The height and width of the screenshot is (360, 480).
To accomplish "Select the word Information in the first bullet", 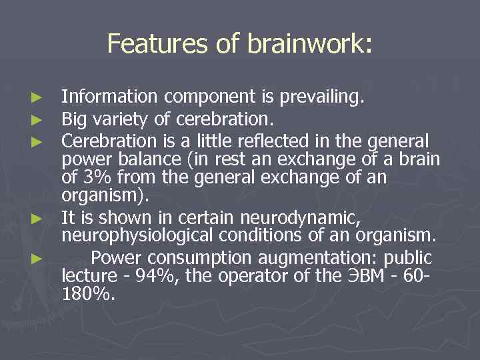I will coord(109,97).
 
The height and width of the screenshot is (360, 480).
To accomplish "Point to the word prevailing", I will coord(323,97).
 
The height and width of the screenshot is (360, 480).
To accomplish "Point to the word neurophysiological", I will coord(149,235).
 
